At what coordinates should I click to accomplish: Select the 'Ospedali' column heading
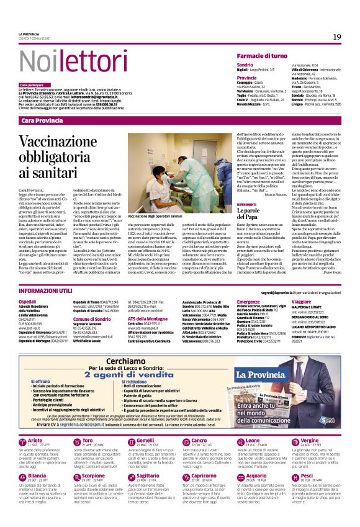pyautogui.click(x=29, y=301)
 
